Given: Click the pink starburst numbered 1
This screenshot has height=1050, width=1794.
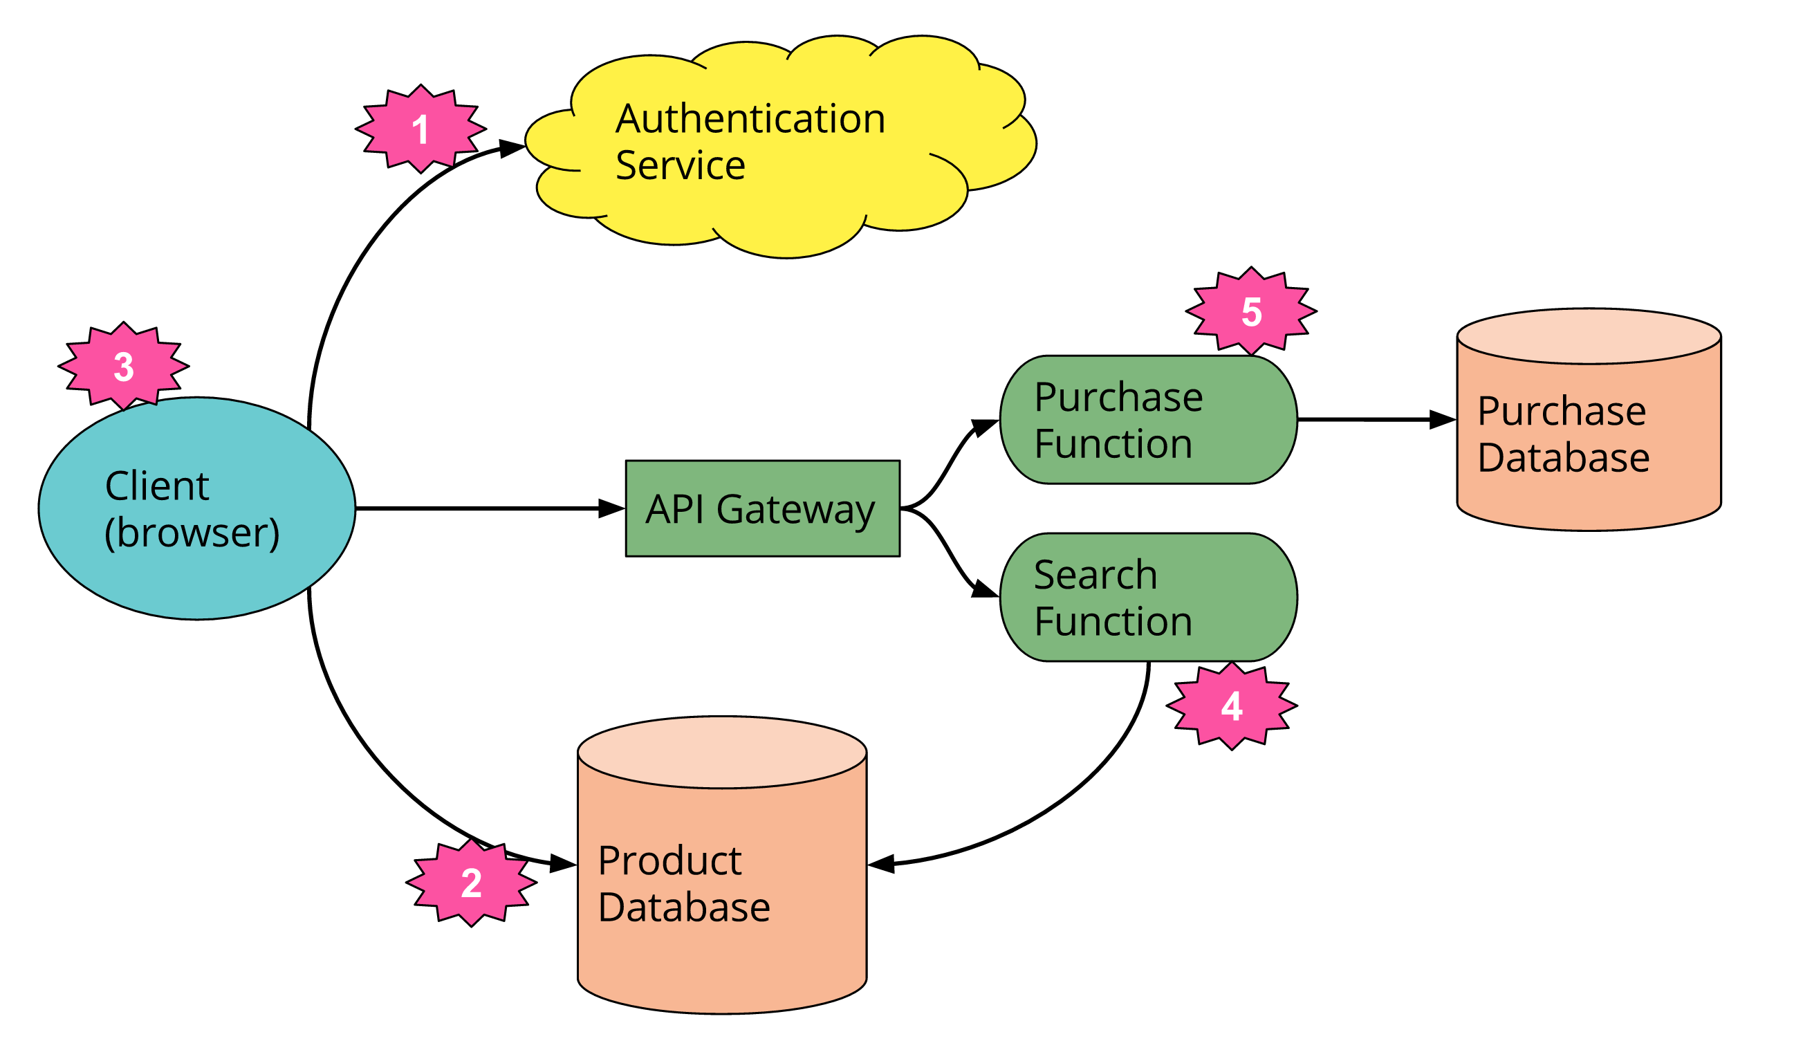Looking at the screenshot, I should pyautogui.click(x=420, y=129).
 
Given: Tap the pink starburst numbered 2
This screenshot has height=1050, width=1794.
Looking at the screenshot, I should pyautogui.click(x=471, y=883).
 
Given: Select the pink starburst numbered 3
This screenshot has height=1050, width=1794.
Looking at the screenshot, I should pyautogui.click(x=124, y=367).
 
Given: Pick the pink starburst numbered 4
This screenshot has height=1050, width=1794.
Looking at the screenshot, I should pyautogui.click(x=1232, y=707).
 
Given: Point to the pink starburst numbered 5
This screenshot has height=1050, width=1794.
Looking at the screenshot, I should pyautogui.click(x=1251, y=312).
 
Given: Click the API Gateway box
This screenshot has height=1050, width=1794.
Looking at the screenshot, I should pyautogui.click(x=762, y=508).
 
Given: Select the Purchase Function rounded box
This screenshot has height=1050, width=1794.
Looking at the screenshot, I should pyautogui.click(x=1147, y=420).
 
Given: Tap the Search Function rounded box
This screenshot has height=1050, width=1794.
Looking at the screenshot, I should pyautogui.click(x=1147, y=598).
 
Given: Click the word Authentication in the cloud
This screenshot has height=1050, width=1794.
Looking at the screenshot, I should pyautogui.click(x=750, y=119).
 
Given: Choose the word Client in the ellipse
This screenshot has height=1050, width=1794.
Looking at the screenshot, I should pyautogui.click(x=156, y=486).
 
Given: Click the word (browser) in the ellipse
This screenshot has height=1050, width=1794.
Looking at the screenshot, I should pyautogui.click(x=192, y=533).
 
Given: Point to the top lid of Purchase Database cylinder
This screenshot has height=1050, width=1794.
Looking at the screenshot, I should pyautogui.click(x=1589, y=337).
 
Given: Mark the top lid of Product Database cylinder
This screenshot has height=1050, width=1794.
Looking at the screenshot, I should pyautogui.click(x=722, y=753).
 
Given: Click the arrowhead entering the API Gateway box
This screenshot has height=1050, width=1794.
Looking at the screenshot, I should pyautogui.click(x=612, y=508).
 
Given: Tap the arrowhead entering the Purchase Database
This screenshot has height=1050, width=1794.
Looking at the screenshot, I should pyautogui.click(x=1442, y=420).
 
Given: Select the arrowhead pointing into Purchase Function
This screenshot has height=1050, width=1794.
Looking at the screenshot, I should pyautogui.click(x=986, y=426).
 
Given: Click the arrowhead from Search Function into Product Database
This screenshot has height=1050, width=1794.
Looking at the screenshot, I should pyautogui.click(x=881, y=864).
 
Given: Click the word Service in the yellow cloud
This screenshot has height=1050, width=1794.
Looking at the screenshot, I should pyautogui.click(x=680, y=166).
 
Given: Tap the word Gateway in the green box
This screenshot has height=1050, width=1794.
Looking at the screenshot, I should pyautogui.click(x=795, y=510).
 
